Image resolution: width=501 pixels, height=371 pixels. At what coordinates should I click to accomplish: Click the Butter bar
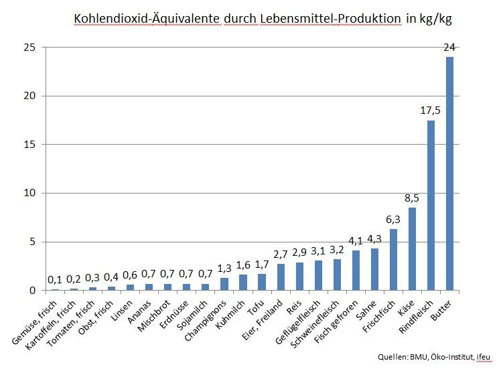click(449, 173)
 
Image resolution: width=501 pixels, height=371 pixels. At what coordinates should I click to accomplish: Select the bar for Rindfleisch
click(431, 205)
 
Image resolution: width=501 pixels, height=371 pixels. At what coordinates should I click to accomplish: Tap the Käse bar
click(412, 248)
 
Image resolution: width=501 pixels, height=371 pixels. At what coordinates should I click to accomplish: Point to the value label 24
click(449, 48)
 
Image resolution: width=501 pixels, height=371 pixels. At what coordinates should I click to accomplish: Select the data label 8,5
click(412, 198)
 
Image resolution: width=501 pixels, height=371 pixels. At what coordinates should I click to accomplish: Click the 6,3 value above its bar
click(393, 220)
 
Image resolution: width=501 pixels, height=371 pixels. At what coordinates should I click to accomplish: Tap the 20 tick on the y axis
click(28, 96)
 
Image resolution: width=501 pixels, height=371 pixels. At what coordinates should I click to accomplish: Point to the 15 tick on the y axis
click(28, 144)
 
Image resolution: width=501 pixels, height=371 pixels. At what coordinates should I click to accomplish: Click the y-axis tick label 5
click(31, 242)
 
